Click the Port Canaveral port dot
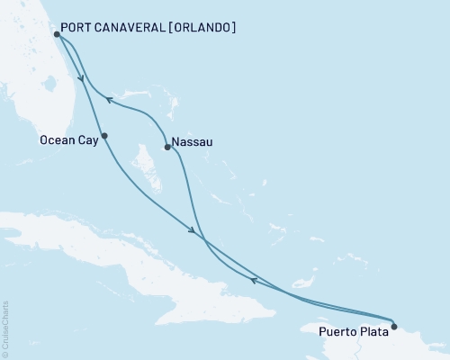click(x=57, y=34)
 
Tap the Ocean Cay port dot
click(x=104, y=136)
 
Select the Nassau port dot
click(x=167, y=147)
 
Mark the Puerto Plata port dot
click(x=394, y=326)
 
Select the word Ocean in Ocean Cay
click(x=58, y=140)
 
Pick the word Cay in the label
click(x=86, y=140)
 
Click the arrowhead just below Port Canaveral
click(x=82, y=77)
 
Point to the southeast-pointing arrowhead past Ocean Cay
click(x=192, y=233)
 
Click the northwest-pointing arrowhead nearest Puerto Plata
click(x=255, y=280)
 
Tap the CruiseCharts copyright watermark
click(x=6, y=328)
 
